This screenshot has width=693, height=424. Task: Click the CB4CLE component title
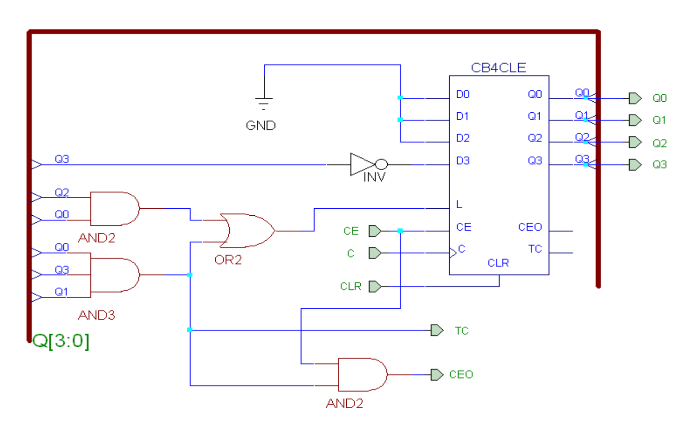click(498, 68)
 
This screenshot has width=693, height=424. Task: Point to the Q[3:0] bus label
click(61, 341)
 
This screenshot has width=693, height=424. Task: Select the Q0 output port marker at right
click(635, 98)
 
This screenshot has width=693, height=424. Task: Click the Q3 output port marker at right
click(635, 165)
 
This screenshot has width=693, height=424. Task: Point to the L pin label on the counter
click(459, 204)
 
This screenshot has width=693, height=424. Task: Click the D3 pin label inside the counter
click(463, 161)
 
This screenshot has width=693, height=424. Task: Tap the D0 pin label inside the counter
click(463, 94)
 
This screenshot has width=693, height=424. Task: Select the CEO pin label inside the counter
click(530, 227)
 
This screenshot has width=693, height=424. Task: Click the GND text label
click(261, 126)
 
